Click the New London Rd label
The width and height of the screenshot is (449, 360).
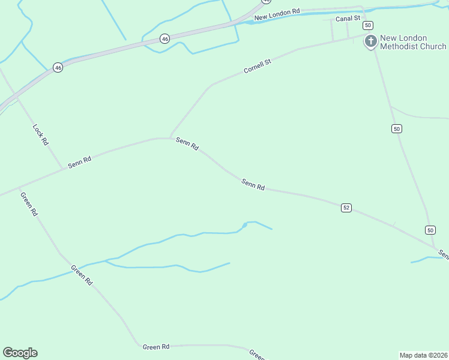(x=276, y=14)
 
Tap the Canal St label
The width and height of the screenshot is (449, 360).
(x=348, y=19)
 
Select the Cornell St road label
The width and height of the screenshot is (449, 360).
(x=258, y=66)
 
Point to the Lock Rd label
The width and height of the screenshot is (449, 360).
(x=40, y=134)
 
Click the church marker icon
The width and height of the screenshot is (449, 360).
(x=371, y=41)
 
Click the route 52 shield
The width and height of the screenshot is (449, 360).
(x=346, y=208)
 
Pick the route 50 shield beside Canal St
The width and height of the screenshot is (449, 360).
(x=368, y=25)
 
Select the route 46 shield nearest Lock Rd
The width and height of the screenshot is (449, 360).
(x=58, y=68)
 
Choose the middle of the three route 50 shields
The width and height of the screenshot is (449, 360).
(x=396, y=128)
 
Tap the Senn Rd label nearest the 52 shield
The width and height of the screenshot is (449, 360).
(x=253, y=184)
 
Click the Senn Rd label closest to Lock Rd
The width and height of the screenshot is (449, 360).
(x=79, y=162)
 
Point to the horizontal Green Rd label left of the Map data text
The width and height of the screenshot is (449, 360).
(x=156, y=347)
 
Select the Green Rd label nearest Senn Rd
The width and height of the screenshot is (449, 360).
(x=29, y=204)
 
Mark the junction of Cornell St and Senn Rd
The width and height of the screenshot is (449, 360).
(x=170, y=138)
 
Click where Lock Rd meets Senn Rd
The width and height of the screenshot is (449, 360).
(x=62, y=169)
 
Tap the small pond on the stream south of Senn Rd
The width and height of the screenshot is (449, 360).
(x=244, y=226)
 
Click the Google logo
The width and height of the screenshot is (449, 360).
(x=20, y=353)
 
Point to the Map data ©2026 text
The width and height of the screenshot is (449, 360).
(x=423, y=355)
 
